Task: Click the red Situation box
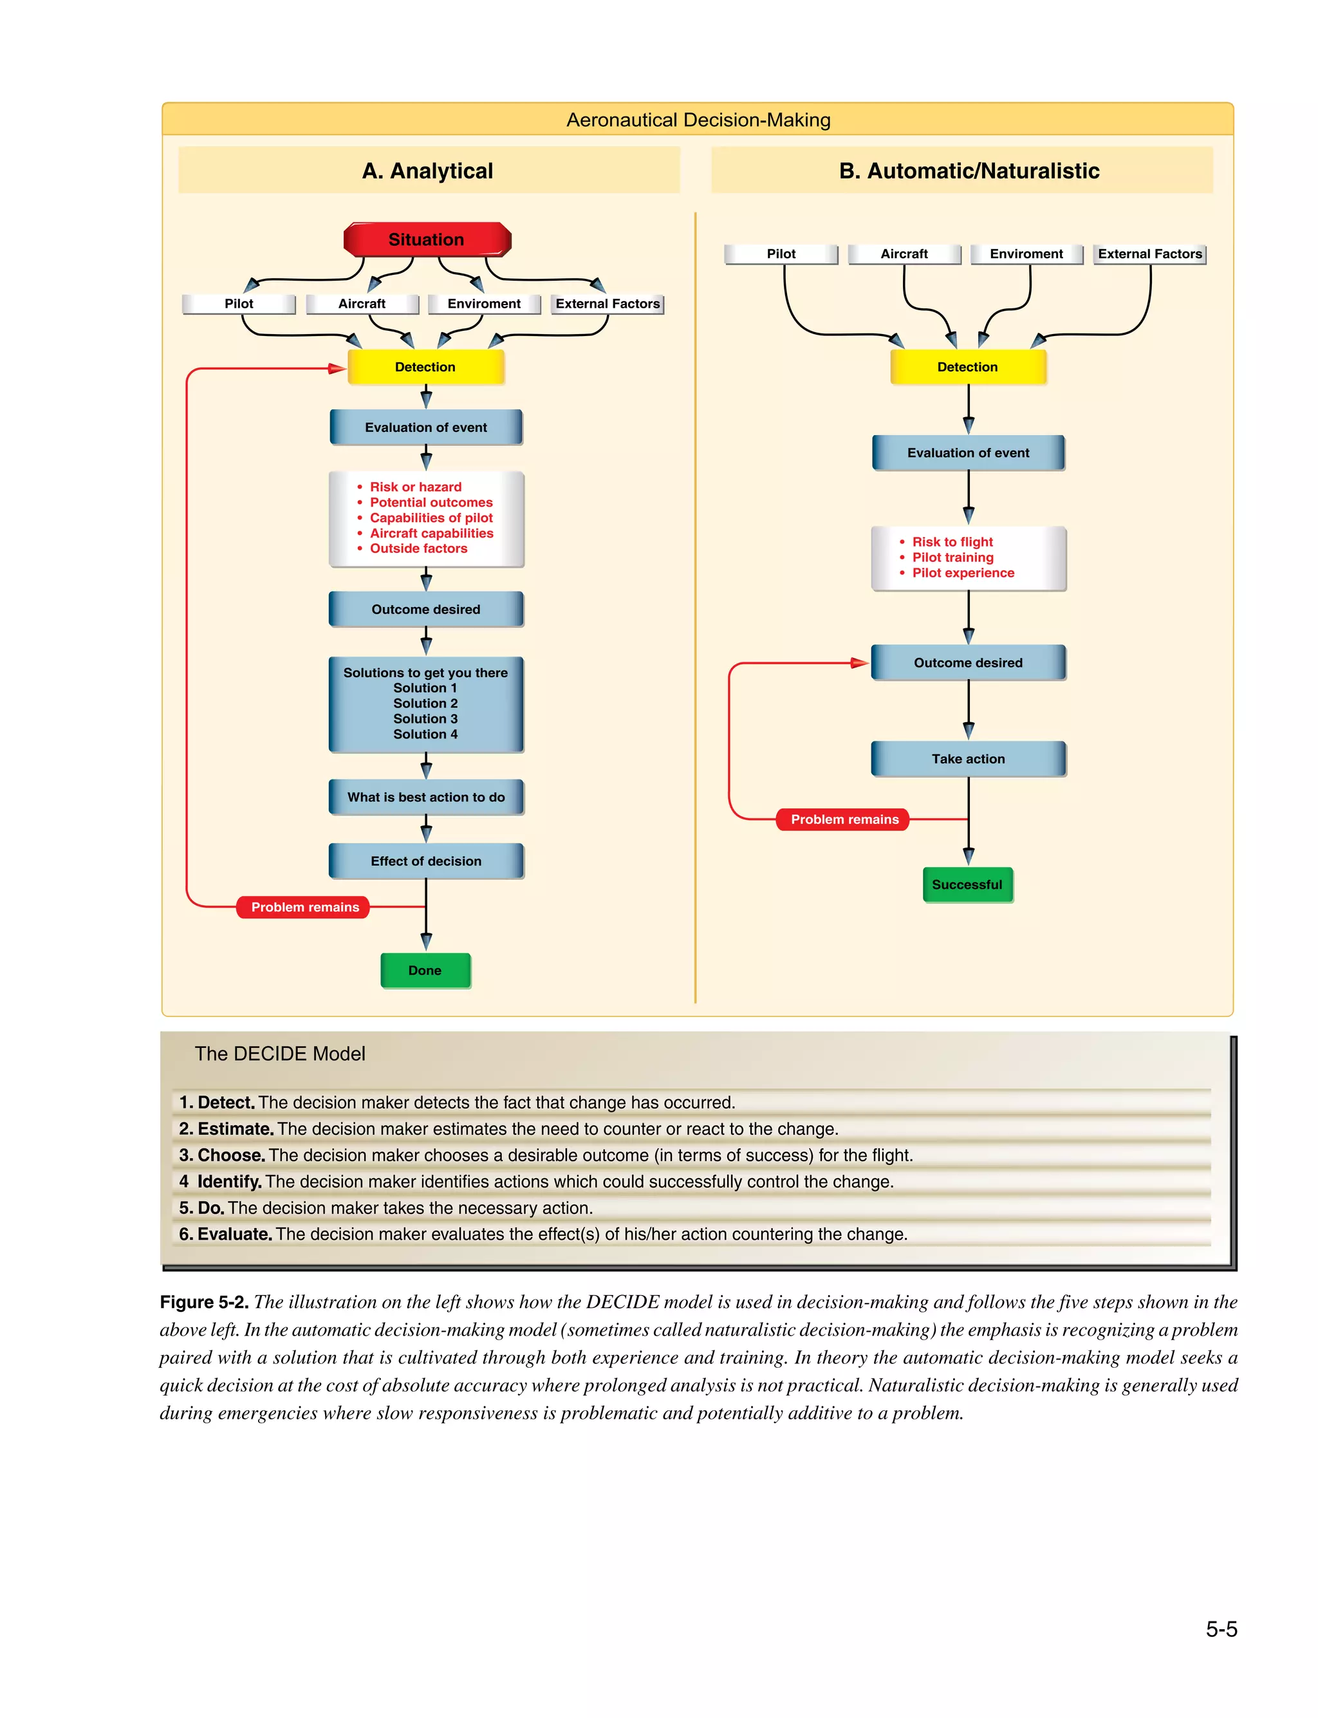(x=427, y=239)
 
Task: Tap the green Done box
(x=425, y=971)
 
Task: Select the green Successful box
(x=967, y=885)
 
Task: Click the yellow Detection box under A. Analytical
(x=425, y=366)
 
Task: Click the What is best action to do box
(x=426, y=797)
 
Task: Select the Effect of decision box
(x=426, y=861)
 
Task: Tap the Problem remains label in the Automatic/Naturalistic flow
(x=844, y=819)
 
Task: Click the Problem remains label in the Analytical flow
(x=304, y=907)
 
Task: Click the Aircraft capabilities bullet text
(x=431, y=533)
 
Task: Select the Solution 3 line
(x=425, y=718)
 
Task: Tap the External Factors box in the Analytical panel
(x=608, y=304)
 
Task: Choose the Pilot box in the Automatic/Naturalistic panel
(x=781, y=254)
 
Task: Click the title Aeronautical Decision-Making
(x=698, y=120)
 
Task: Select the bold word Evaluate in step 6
(x=234, y=1234)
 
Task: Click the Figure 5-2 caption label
(x=204, y=1302)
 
